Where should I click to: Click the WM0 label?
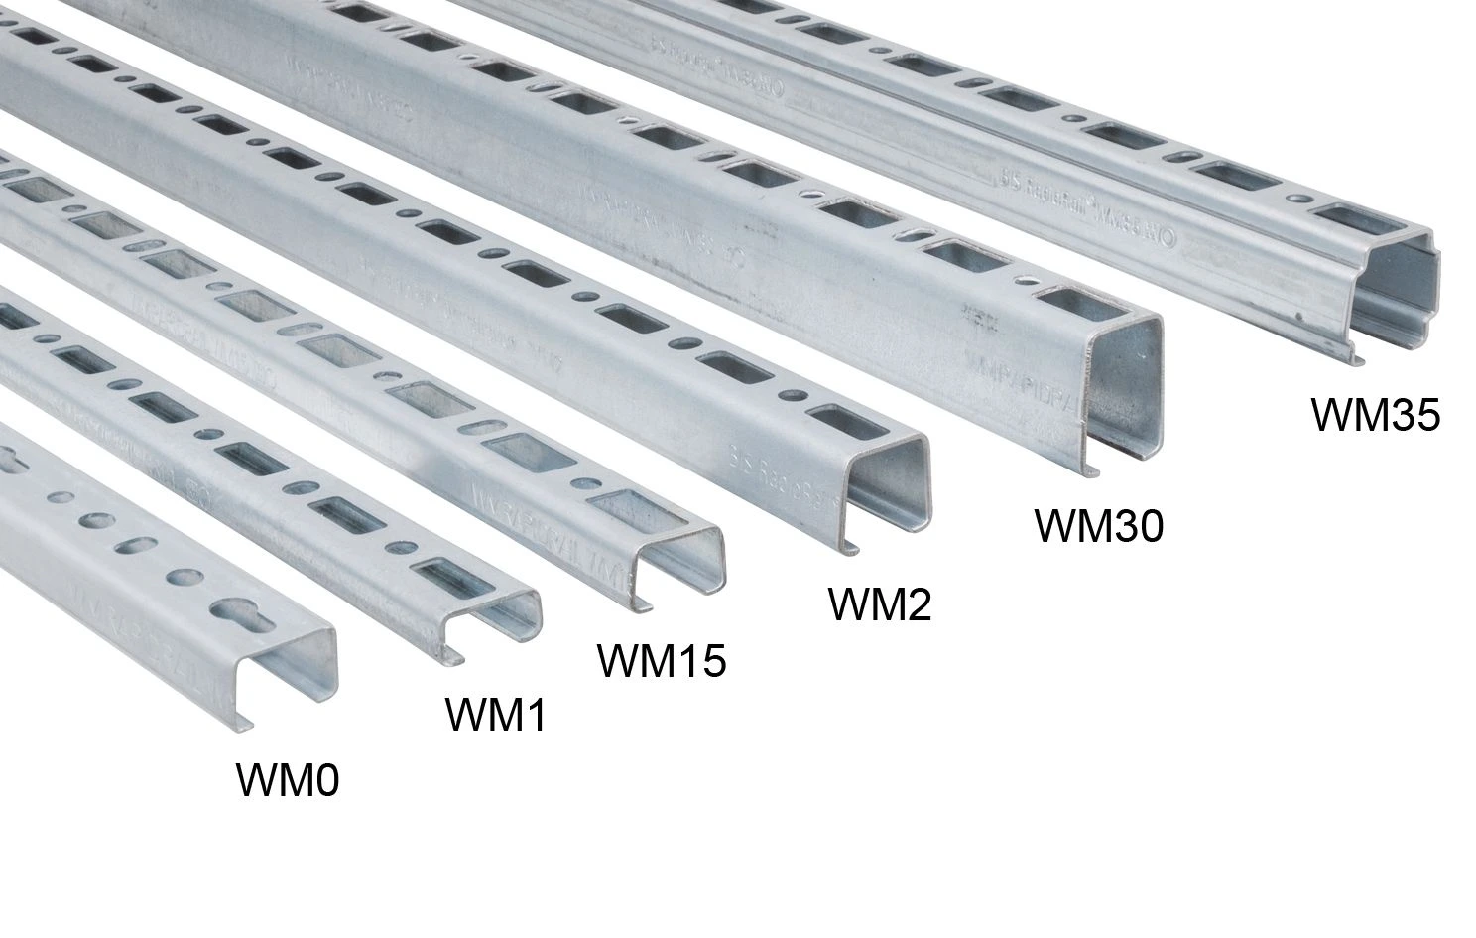[x=288, y=780]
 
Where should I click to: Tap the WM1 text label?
[x=495, y=714]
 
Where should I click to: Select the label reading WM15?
[x=661, y=660]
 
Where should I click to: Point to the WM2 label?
[x=880, y=603]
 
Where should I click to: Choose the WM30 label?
[x=1098, y=525]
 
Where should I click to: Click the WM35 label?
[x=1375, y=415]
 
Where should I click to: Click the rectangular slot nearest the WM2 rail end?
[x=833, y=420]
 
